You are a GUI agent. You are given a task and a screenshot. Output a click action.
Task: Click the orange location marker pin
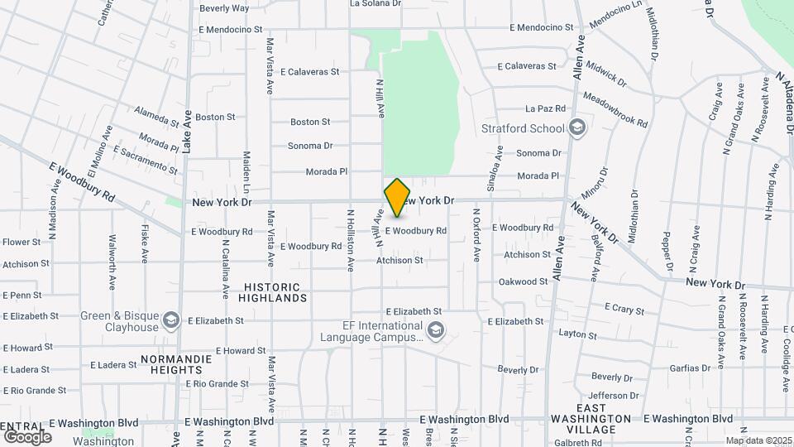pos(398,197)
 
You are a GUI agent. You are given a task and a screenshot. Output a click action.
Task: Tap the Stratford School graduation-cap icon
pos(577,128)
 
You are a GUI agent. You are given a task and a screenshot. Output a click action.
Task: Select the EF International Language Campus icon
pos(435,332)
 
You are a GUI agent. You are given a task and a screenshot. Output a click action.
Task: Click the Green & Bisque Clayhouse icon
pos(171,320)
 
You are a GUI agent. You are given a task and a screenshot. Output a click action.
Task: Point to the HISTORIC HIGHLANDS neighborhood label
pos(275,291)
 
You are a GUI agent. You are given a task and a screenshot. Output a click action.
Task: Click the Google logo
pos(27,436)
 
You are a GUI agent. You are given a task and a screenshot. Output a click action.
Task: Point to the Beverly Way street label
pos(224,8)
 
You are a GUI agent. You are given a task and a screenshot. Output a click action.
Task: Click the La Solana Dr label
pos(375,3)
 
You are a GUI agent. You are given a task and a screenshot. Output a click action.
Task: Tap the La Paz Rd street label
pos(546,108)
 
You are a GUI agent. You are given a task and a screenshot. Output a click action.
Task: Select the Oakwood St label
pos(524,281)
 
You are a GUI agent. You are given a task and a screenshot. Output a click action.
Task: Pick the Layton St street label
pos(577,334)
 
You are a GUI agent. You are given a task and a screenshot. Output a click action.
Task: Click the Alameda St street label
pos(156,119)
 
